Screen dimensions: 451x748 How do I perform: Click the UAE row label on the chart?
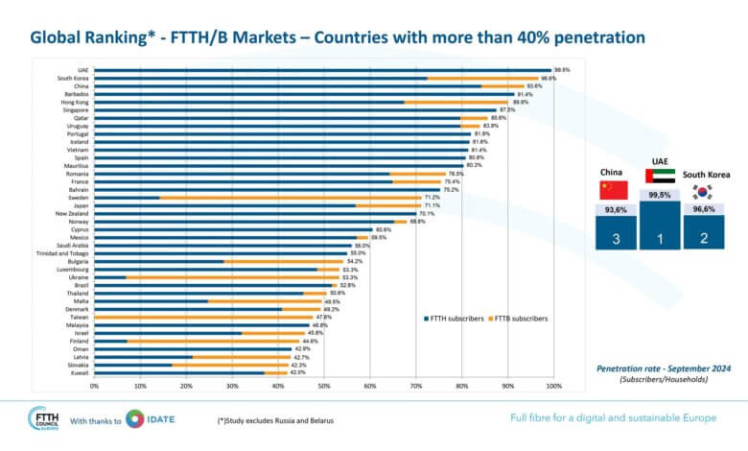click(84, 70)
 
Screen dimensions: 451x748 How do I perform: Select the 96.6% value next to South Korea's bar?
click(549, 78)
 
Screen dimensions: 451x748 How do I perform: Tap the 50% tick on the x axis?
click(324, 386)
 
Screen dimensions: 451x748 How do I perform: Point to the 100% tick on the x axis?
click(552, 386)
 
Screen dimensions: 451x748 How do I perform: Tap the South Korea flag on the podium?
click(704, 192)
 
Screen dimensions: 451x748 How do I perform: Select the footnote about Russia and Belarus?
click(275, 421)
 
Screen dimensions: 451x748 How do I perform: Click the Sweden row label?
click(82, 197)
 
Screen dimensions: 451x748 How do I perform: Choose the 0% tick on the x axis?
click(94, 386)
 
